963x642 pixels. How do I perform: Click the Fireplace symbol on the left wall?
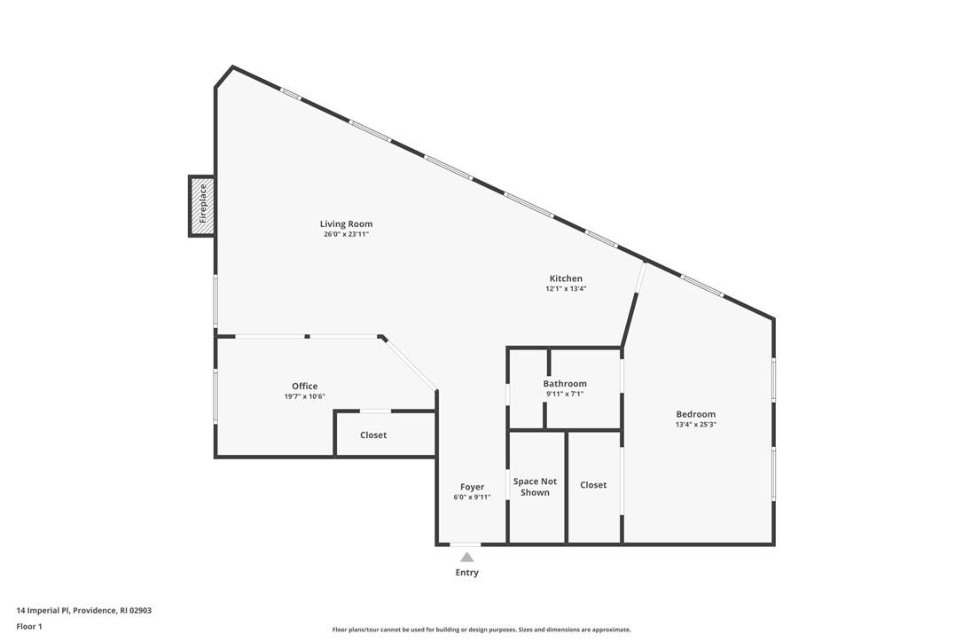tap(202, 206)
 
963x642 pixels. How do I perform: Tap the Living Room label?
tap(346, 224)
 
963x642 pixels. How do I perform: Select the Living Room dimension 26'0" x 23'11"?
tap(346, 235)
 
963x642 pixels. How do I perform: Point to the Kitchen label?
tap(565, 278)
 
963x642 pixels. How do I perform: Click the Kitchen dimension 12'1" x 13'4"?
tap(565, 289)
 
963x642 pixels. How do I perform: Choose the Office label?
tap(304, 386)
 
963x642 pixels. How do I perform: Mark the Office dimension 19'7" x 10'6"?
tap(304, 396)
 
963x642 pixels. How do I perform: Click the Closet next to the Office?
tap(373, 435)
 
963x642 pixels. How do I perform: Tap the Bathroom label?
tap(565, 384)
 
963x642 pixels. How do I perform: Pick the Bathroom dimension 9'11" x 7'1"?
tap(565, 394)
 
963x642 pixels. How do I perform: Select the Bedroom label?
tap(695, 414)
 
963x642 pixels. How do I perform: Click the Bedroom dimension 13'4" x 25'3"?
tap(695, 425)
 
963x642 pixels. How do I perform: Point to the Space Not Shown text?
tap(535, 487)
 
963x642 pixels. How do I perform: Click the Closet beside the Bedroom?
tap(593, 485)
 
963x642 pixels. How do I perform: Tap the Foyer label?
tap(472, 487)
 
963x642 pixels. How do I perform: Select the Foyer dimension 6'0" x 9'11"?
tap(472, 497)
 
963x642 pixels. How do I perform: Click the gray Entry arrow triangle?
tap(466, 557)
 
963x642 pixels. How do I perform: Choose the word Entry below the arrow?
tap(466, 573)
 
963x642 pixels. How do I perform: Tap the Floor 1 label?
tap(29, 626)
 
